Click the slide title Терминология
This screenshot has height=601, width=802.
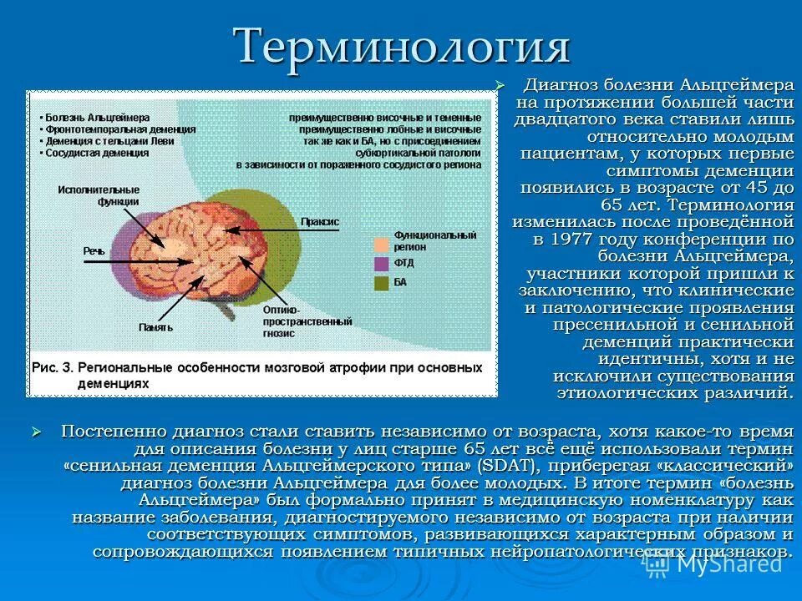click(402, 46)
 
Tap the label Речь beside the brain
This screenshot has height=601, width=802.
click(94, 250)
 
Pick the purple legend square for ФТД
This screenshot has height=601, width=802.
click(381, 265)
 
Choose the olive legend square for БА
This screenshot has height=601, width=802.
click(381, 283)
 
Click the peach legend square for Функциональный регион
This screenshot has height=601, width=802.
click(381, 244)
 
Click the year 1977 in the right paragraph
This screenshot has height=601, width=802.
click(571, 240)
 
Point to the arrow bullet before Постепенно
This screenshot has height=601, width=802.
click(36, 431)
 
